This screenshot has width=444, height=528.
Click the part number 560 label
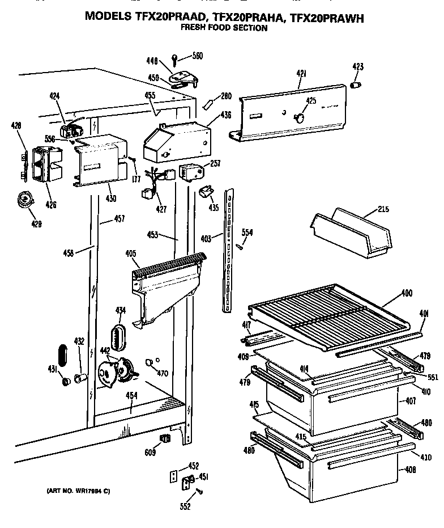(197, 56)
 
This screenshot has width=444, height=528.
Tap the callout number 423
(357, 66)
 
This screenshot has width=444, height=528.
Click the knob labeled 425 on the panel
(298, 117)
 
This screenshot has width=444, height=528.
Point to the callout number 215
(383, 210)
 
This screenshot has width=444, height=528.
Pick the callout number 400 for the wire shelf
(407, 293)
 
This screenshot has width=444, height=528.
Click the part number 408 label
(411, 470)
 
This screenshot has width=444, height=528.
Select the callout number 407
(411, 401)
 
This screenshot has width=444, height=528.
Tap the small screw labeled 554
(240, 246)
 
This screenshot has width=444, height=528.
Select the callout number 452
(194, 466)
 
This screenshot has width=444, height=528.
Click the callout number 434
(121, 310)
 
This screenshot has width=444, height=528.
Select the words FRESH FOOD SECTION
(224, 27)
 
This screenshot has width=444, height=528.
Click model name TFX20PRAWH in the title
(327, 17)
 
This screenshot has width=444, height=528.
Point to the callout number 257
(215, 163)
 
